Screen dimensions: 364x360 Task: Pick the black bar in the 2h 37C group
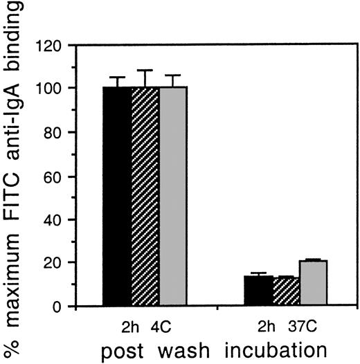click(x=257, y=291)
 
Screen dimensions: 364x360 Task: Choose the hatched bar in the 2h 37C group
click(x=285, y=291)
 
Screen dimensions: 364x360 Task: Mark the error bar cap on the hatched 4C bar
click(x=145, y=71)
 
